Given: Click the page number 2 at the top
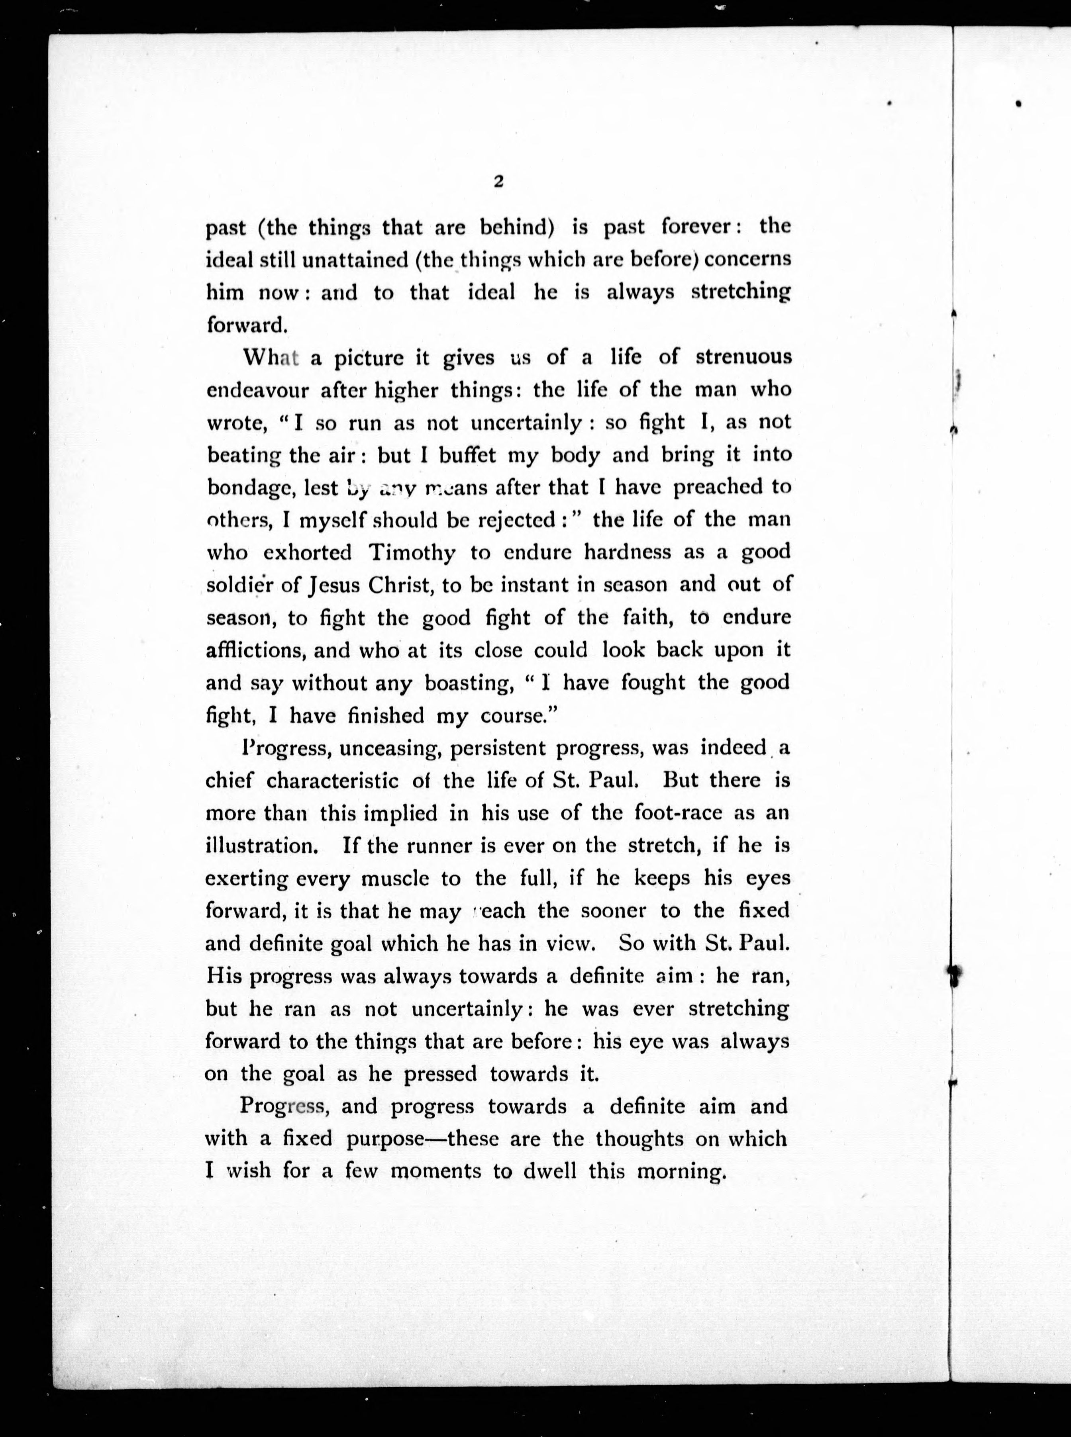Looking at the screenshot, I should tap(498, 182).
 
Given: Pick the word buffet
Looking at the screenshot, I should tap(467, 455).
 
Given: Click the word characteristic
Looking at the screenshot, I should tap(333, 780).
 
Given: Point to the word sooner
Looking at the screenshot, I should tap(604, 911).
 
